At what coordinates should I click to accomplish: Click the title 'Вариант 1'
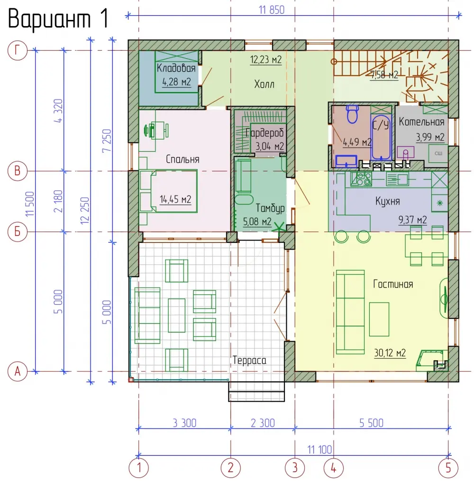pos(58,19)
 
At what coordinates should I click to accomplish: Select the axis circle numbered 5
pos(448,468)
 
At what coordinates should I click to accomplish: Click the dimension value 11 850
pos(272,10)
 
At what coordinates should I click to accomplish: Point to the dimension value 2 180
pos(58,201)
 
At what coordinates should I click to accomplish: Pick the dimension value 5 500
pos(372,423)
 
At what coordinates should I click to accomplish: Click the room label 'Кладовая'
pos(176,68)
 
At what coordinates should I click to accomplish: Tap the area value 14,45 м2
pos(175,199)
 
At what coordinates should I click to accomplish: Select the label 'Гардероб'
pos(265,133)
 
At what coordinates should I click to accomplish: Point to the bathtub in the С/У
pos(381,137)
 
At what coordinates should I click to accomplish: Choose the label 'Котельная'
pos(421,121)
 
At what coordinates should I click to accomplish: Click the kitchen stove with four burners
pos(361,179)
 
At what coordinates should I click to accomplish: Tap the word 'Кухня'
pos(387,201)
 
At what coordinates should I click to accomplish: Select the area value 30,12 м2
pos(390,353)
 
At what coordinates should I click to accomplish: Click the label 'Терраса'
pos(249,360)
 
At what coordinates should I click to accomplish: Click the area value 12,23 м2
pos(266,59)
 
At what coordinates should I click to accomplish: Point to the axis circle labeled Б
pos(18,232)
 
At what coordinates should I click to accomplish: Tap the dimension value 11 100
pos(319,449)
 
